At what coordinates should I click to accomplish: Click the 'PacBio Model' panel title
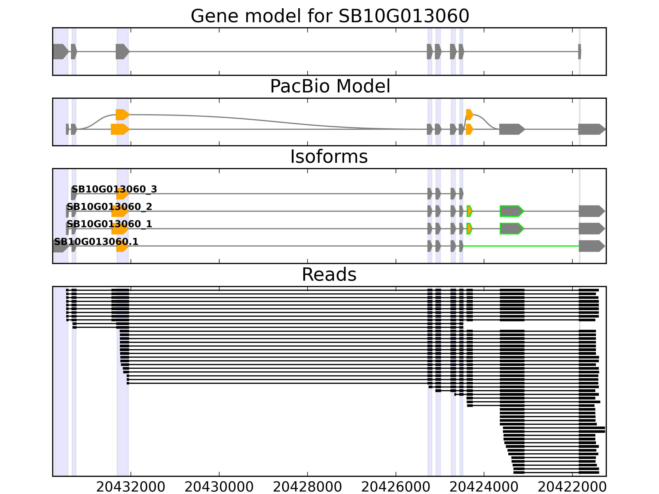[330, 86]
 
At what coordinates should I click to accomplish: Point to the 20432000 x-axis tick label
[131, 487]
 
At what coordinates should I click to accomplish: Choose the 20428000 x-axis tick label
[307, 487]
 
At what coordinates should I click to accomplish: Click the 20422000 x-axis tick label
[572, 487]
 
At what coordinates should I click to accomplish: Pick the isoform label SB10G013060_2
[109, 206]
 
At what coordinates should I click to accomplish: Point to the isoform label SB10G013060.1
[96, 241]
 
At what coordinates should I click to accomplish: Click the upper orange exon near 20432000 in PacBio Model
[122, 115]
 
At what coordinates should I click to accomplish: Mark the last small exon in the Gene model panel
[580, 51]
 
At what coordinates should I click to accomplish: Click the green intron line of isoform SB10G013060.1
[521, 246]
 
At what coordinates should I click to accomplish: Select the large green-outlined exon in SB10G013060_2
[511, 211]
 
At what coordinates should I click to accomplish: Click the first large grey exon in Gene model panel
[61, 51]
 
